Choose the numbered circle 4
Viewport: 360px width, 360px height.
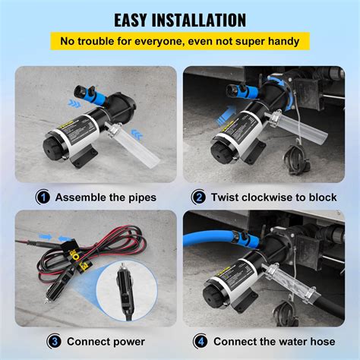(200, 340)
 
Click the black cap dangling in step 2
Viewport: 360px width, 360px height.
(293, 160)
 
